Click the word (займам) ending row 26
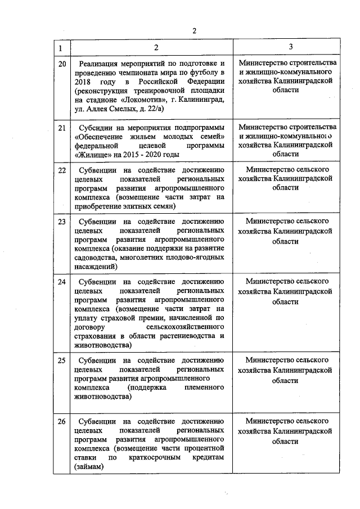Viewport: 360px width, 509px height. point(89,466)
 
